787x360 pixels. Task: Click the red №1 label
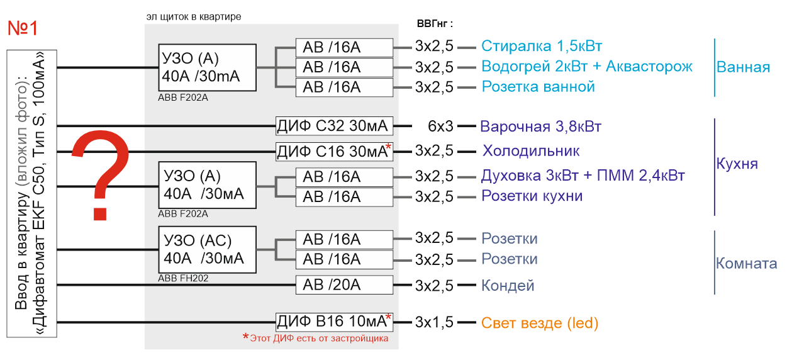[23, 28]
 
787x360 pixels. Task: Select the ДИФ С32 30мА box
[334, 126]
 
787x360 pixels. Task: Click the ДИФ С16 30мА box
[334, 152]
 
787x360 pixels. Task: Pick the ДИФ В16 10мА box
[334, 322]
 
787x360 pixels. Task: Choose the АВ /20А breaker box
[344, 284]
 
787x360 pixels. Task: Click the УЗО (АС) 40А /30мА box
[208, 250]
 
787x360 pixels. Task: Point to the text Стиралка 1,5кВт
[542, 46]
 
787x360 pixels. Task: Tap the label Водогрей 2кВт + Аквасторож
[587, 67]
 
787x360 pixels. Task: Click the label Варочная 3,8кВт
[541, 127]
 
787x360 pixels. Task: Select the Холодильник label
[531, 151]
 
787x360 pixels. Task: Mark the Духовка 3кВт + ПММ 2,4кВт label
[583, 176]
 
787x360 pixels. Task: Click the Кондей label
[508, 286]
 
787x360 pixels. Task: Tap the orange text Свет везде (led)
[540, 323]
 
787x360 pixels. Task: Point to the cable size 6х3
[440, 127]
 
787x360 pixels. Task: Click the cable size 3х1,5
[434, 322]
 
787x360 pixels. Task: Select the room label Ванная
[743, 67]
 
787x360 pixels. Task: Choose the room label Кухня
[737, 164]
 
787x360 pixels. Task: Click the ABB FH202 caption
[183, 278]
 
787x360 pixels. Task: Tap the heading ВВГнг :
[435, 24]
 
